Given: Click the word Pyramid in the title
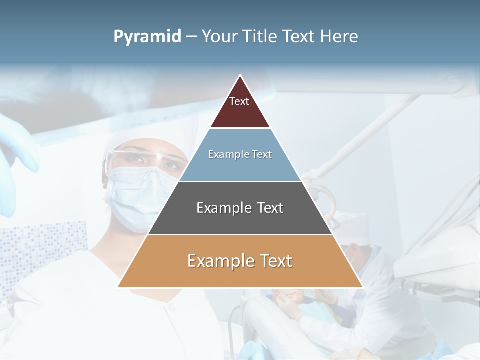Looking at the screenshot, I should pos(147,37).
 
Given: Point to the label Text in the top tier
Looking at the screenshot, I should pos(239,101).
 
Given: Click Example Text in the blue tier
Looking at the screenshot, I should pos(240,154).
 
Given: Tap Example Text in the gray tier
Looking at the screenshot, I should pos(240,208).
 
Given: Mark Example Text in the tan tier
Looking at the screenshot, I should pos(240,261).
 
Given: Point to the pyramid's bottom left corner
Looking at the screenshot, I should pos(118,287).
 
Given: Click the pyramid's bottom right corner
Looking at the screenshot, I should pos(362,287).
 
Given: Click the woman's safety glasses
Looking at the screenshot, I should pos(145,159).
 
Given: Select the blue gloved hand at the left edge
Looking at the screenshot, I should pos(17,150).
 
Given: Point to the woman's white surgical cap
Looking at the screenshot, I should pos(155,132).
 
